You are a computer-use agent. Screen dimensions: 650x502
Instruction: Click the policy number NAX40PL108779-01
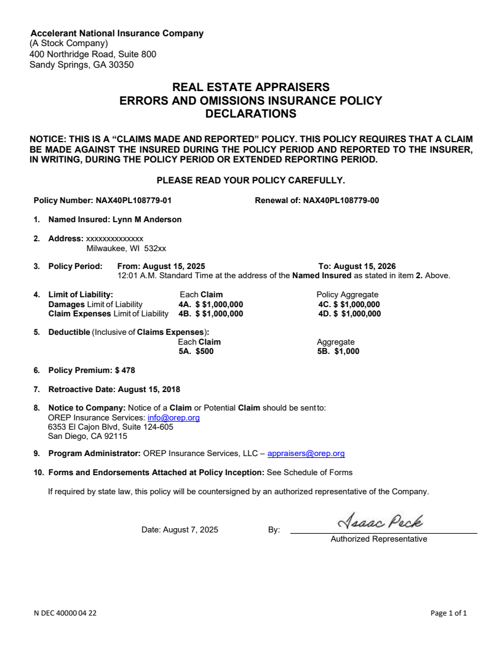pyautogui.click(x=138, y=200)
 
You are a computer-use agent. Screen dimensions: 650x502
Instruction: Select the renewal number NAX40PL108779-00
pyautogui.click(x=341, y=200)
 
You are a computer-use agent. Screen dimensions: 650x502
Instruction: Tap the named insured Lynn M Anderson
pyautogui.click(x=147, y=219)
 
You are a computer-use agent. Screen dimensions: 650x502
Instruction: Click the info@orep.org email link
pyautogui.click(x=173, y=418)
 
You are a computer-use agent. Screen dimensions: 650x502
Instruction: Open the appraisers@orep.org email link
pyautogui.click(x=306, y=454)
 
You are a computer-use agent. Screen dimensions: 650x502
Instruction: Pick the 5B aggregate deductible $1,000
pyautogui.click(x=347, y=351)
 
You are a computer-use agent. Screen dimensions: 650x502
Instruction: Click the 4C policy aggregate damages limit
pyautogui.click(x=357, y=304)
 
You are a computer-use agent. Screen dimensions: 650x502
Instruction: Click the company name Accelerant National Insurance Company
pyautogui.click(x=117, y=33)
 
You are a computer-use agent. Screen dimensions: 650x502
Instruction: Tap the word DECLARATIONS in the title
pyautogui.click(x=250, y=114)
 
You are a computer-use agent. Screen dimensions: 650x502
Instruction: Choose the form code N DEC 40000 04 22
pyautogui.click(x=65, y=613)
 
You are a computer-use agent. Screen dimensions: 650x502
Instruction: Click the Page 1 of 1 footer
pyautogui.click(x=449, y=613)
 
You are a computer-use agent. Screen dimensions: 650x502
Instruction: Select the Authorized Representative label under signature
pyautogui.click(x=379, y=539)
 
